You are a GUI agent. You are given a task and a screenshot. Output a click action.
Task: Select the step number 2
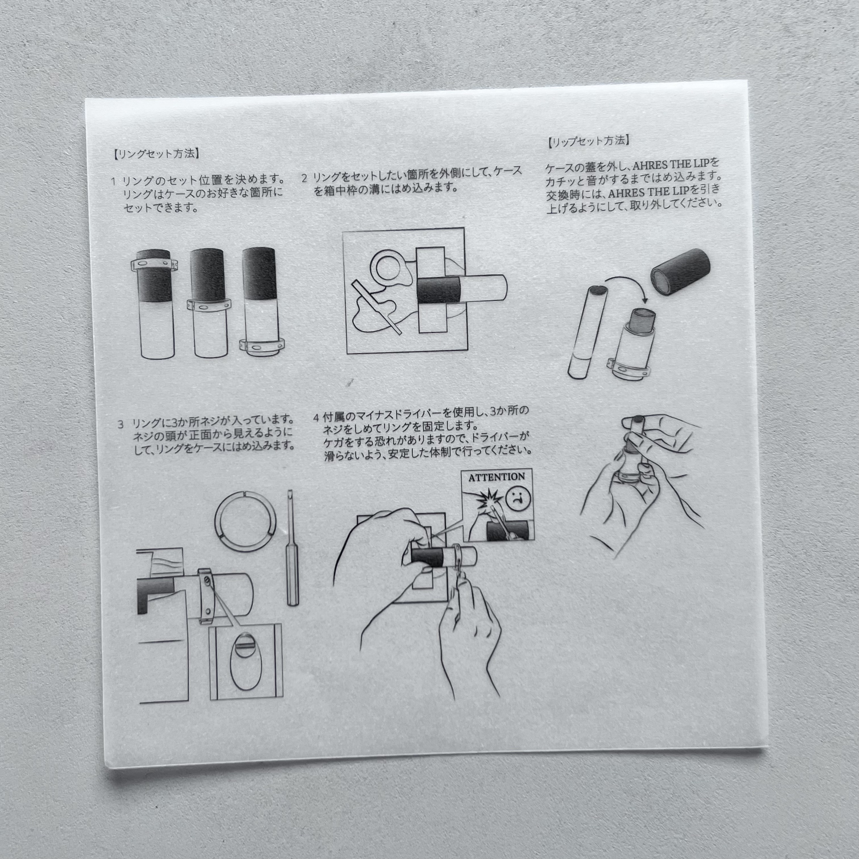tap(304, 178)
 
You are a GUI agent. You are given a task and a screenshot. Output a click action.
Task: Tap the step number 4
tap(316, 418)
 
